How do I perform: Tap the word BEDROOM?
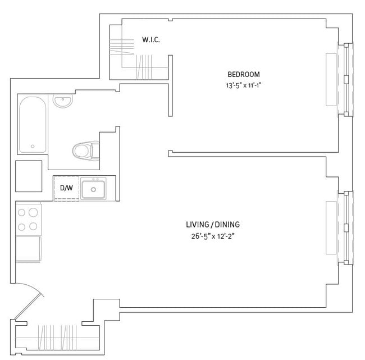[x=243, y=75]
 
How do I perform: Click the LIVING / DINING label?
[x=213, y=225]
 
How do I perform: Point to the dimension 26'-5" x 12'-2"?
[x=212, y=236]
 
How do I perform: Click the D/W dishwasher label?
[x=66, y=188]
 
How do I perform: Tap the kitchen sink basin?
[x=93, y=189]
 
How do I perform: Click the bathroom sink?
[x=62, y=102]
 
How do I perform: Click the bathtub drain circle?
[x=33, y=146]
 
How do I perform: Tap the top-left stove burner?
[x=22, y=213]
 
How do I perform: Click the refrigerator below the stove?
[x=28, y=248]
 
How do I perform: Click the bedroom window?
[x=341, y=79]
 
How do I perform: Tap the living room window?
[x=341, y=227]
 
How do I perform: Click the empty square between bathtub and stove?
[x=29, y=176]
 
